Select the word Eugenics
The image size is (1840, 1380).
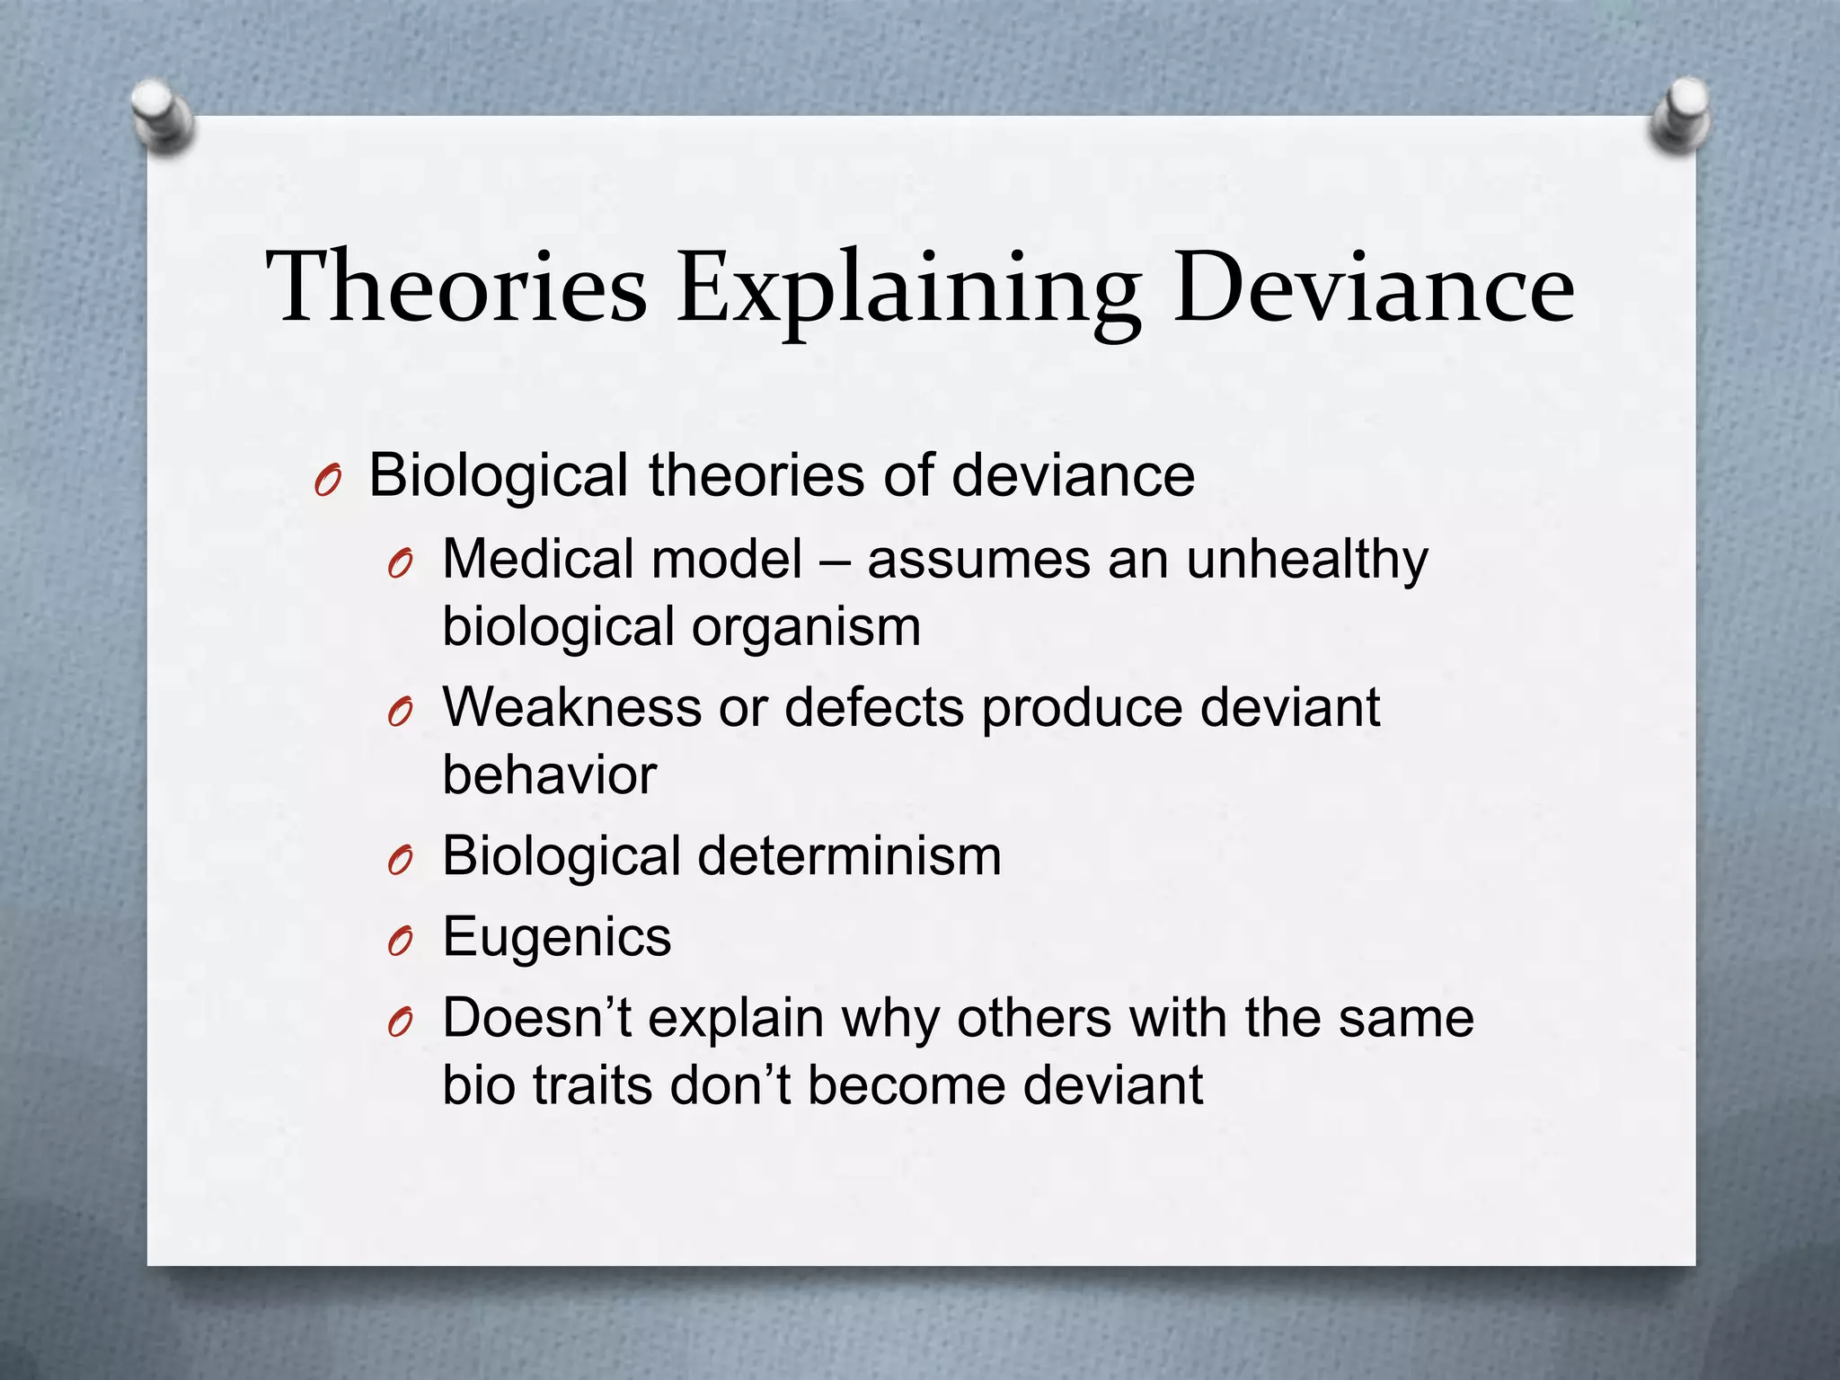pyautogui.click(x=557, y=938)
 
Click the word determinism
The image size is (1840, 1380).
pyautogui.click(x=849, y=855)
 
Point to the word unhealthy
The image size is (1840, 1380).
pyautogui.click(x=1307, y=561)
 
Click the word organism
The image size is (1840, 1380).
pyautogui.click(x=806, y=628)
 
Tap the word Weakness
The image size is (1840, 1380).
pyautogui.click(x=571, y=707)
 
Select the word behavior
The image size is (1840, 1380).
pyautogui.click(x=550, y=774)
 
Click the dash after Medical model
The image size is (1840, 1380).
pyautogui.click(x=835, y=561)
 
